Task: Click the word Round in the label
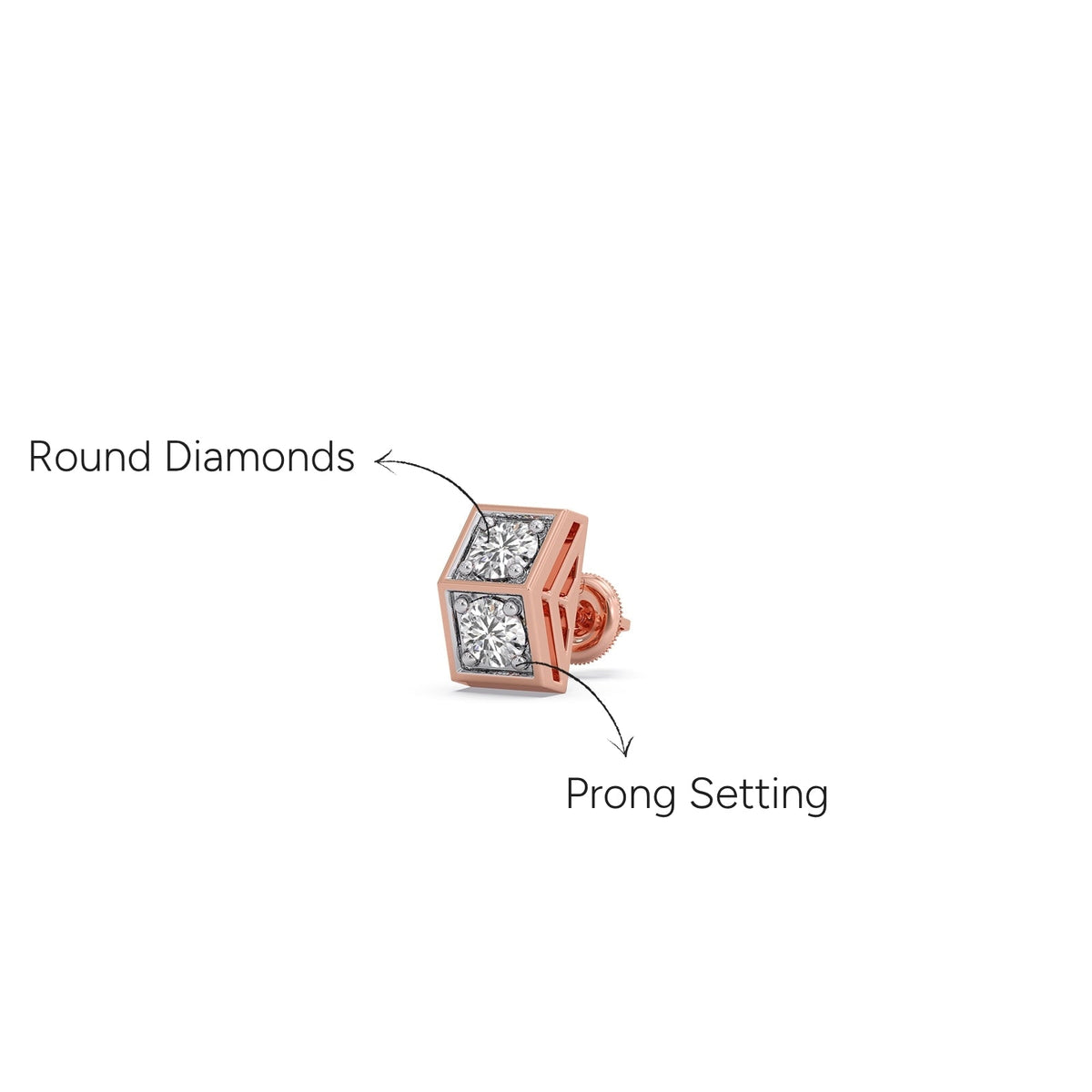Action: pyautogui.click(x=89, y=456)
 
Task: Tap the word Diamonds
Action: pyautogui.click(x=259, y=456)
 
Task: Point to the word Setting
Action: pyautogui.click(x=759, y=794)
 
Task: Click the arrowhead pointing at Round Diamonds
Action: pyautogui.click(x=385, y=461)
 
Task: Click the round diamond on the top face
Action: pyautogui.click(x=504, y=549)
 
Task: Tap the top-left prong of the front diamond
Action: pyautogui.click(x=462, y=602)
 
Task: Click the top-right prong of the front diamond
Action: pyautogui.click(x=512, y=607)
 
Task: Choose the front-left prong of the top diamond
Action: pyautogui.click(x=465, y=566)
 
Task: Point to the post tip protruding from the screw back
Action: pyautogui.click(x=625, y=624)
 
